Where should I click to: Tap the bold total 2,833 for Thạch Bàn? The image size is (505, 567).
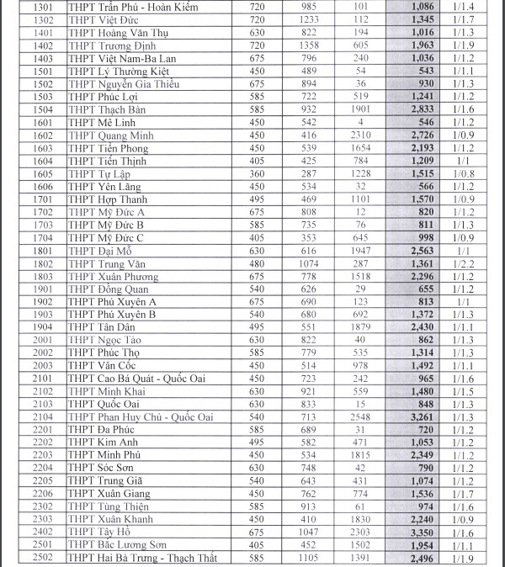(x=422, y=109)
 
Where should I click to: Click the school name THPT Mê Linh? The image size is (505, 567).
(x=98, y=122)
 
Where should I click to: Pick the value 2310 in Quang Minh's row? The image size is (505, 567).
(x=361, y=135)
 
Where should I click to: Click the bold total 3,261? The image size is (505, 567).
(x=422, y=416)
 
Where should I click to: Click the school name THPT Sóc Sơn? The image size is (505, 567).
(x=100, y=468)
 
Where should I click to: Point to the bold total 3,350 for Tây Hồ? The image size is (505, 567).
(x=422, y=532)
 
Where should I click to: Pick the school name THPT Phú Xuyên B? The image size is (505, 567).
(x=112, y=314)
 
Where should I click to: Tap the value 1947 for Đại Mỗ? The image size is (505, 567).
(x=361, y=251)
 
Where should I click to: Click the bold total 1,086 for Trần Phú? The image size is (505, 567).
(x=422, y=7)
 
